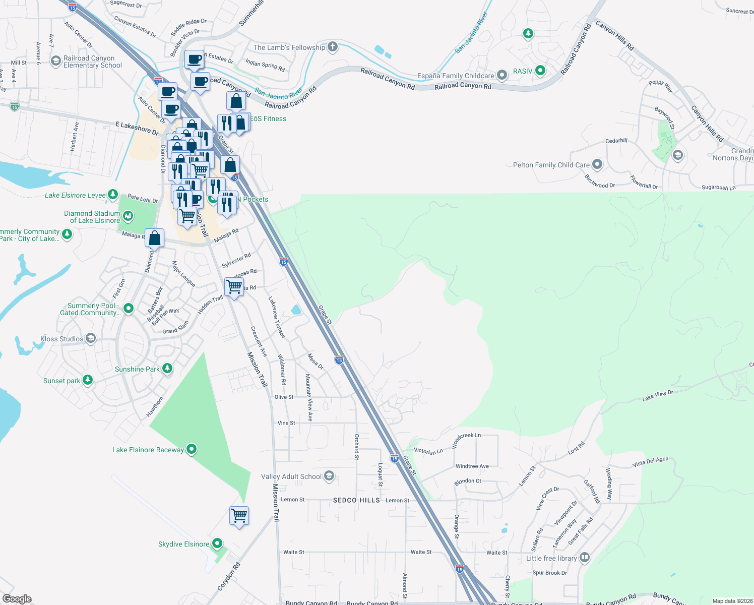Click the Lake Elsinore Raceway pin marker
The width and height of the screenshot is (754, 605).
coord(192,449)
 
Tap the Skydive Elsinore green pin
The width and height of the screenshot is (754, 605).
coord(217,543)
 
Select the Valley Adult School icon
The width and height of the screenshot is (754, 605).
coord(329,476)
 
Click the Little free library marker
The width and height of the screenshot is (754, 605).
coord(585,558)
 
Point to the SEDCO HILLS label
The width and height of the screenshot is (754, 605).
coord(356,500)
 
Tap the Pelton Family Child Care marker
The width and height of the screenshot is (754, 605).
coord(597,164)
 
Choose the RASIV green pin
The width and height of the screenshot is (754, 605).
coord(540,71)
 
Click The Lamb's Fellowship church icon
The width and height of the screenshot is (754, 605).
coord(332,47)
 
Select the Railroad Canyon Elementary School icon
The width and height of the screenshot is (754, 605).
coord(56,61)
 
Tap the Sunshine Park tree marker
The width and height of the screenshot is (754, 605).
coord(167,369)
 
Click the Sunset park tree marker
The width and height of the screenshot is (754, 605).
coord(88,380)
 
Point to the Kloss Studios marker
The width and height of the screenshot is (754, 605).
coord(91,338)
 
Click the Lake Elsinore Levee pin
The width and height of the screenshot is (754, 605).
coord(113,195)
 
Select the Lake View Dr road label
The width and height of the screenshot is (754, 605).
coord(657,396)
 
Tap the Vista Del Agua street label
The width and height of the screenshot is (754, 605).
coord(650,461)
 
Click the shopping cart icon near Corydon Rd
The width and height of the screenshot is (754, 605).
coord(239,516)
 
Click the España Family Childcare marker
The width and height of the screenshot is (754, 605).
coord(501,76)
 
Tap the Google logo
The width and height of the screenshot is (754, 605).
coord(17,598)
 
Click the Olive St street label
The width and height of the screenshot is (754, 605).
coord(284,397)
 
